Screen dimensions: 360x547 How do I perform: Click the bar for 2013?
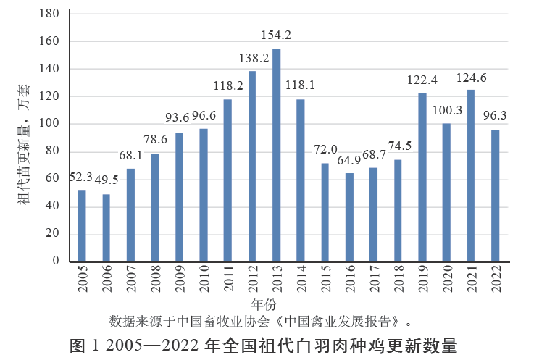tap(276, 155)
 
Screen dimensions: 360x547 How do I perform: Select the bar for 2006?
tap(106, 227)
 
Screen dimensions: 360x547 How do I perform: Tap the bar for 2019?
tap(422, 177)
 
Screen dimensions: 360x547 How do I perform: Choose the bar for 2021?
tap(471, 176)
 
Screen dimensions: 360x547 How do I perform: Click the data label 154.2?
tap(276, 35)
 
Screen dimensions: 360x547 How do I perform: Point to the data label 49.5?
tap(105, 180)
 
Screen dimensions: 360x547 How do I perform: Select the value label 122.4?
tap(422, 79)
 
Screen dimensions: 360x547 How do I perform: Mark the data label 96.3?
tap(496, 115)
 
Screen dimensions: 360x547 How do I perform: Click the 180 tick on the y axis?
tap(49, 14)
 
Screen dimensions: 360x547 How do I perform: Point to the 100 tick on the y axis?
tap(49, 124)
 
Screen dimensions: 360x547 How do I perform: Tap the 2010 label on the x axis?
tap(204, 279)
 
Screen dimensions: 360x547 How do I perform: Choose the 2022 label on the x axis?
tap(496, 279)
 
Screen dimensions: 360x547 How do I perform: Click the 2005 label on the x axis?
tap(82, 279)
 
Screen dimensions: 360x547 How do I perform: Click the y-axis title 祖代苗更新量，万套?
tap(23, 145)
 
